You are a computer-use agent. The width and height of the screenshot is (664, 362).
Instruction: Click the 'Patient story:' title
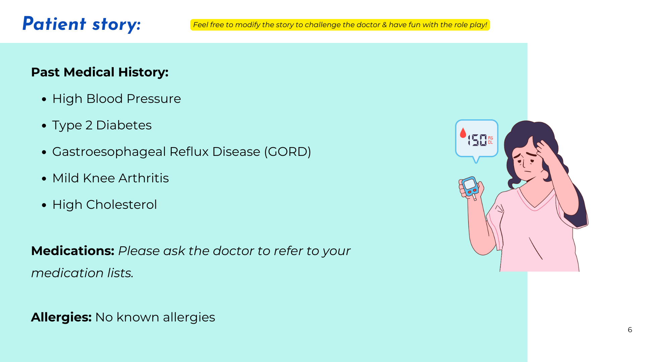[x=81, y=24]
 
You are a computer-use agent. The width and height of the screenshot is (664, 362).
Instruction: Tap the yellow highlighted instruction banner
[x=340, y=25]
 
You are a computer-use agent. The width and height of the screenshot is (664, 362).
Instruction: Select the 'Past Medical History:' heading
[x=100, y=72]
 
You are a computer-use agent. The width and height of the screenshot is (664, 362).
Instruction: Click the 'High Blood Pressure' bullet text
[x=116, y=99]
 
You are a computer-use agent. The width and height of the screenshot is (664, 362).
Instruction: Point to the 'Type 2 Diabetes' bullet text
[x=102, y=125]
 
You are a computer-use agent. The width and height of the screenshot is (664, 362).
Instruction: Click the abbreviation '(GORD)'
[x=288, y=152]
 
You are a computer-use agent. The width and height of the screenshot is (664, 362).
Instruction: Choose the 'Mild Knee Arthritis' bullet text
[x=111, y=178]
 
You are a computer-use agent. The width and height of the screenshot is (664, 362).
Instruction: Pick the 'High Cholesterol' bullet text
[x=105, y=205]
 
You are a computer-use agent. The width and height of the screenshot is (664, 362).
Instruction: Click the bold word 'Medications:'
[x=73, y=251]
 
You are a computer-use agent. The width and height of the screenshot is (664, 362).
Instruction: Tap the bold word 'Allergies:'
[x=61, y=317]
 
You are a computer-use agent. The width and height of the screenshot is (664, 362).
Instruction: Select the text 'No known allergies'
[x=155, y=317]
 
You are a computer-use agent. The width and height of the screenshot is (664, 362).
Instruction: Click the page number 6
[x=630, y=330]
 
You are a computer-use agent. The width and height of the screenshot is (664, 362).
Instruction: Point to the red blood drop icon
[x=463, y=133]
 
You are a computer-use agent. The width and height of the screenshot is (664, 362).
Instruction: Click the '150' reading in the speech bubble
[x=477, y=140]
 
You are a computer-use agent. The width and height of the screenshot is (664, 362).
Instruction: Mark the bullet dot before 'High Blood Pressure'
[x=44, y=99]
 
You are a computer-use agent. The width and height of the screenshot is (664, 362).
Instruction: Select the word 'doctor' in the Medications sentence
[x=235, y=251]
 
